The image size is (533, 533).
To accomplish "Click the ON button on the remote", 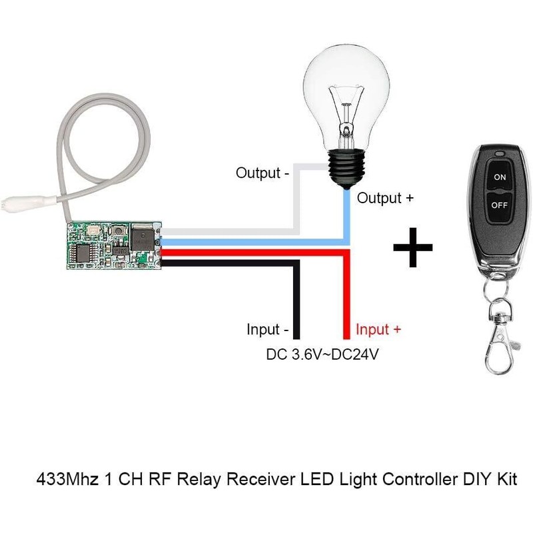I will point(500,177).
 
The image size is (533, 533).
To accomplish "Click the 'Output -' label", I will point(262,173).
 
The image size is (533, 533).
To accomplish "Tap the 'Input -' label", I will point(267,330).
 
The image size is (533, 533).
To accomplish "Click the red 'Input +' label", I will point(378,330).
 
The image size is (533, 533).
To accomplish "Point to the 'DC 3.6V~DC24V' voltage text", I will point(322,354).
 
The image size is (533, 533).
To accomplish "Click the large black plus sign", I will point(413,246).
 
